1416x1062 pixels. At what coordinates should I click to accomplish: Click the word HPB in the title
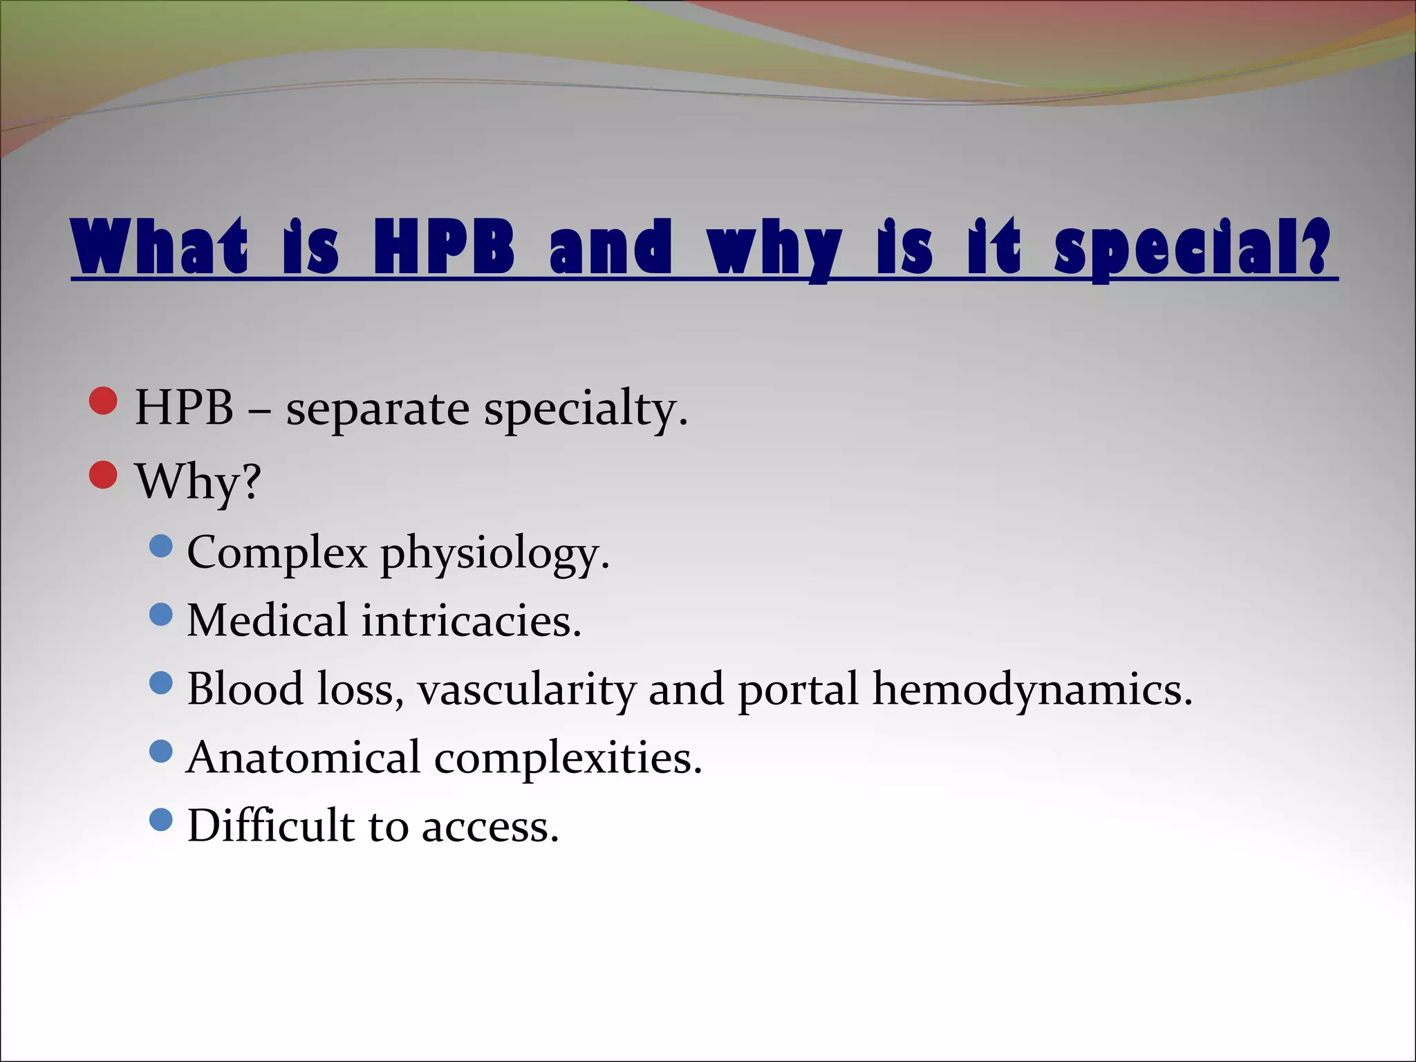(443, 247)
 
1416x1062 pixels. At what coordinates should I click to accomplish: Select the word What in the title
(160, 247)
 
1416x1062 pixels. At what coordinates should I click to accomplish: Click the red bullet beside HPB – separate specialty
(104, 400)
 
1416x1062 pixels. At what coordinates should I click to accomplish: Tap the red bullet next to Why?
(104, 475)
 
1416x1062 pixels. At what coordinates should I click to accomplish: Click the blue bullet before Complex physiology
(160, 546)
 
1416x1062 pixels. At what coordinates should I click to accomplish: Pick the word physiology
(494, 555)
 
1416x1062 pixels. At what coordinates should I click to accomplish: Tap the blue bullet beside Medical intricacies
(160, 614)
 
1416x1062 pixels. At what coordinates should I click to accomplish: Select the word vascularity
(526, 689)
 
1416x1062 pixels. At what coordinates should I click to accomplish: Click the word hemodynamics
(1032, 689)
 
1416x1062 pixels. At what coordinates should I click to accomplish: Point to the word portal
(798, 691)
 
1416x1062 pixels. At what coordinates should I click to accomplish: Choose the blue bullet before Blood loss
(160, 683)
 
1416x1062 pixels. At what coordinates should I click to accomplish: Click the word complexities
(567, 759)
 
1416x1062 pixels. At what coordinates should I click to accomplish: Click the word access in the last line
(489, 827)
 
